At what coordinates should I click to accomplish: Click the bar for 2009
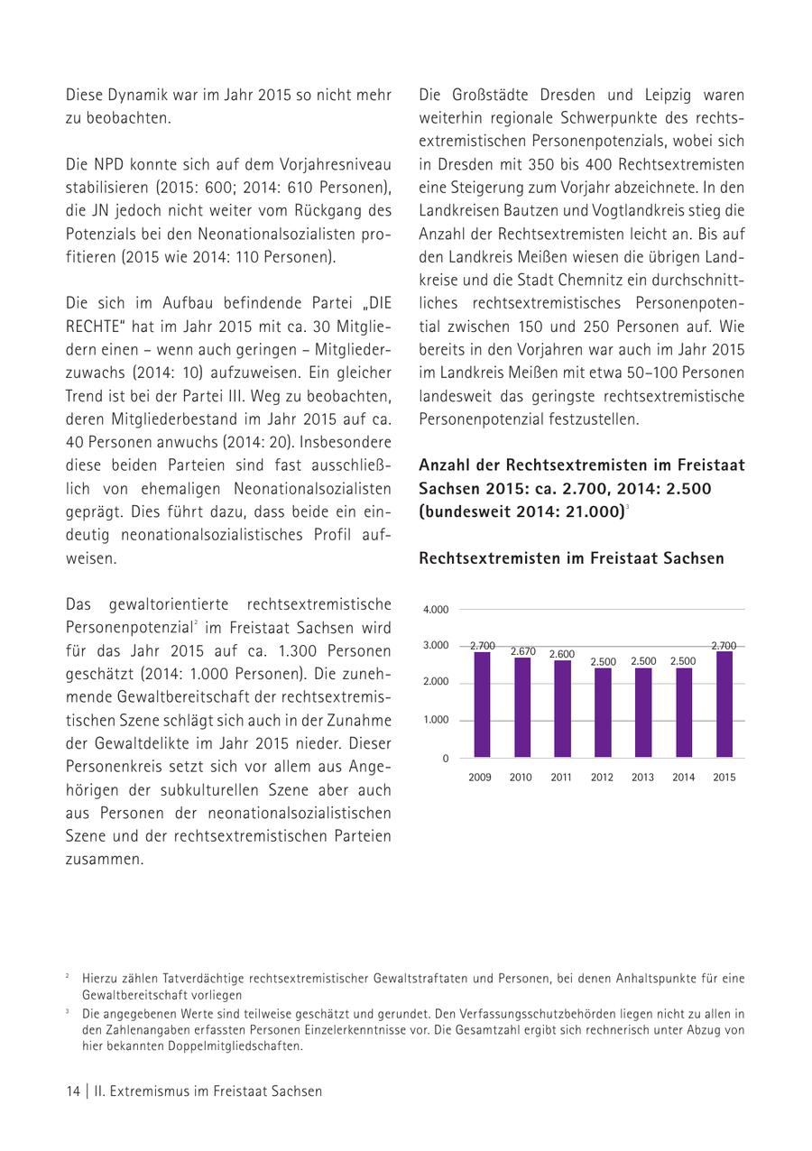(x=482, y=704)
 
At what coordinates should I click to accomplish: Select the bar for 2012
(x=603, y=713)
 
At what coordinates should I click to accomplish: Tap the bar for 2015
(x=724, y=704)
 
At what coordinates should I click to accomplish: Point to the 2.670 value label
(x=522, y=651)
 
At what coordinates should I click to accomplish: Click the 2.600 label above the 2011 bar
(x=562, y=654)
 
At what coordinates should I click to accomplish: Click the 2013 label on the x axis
(x=642, y=778)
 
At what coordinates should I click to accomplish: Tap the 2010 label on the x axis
(x=521, y=778)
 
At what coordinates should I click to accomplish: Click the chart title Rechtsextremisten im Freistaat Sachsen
(x=571, y=558)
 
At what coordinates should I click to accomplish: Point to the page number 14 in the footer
(x=72, y=1091)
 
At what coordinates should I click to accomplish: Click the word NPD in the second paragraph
(x=108, y=165)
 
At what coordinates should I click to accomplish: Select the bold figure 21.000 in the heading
(x=591, y=511)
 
